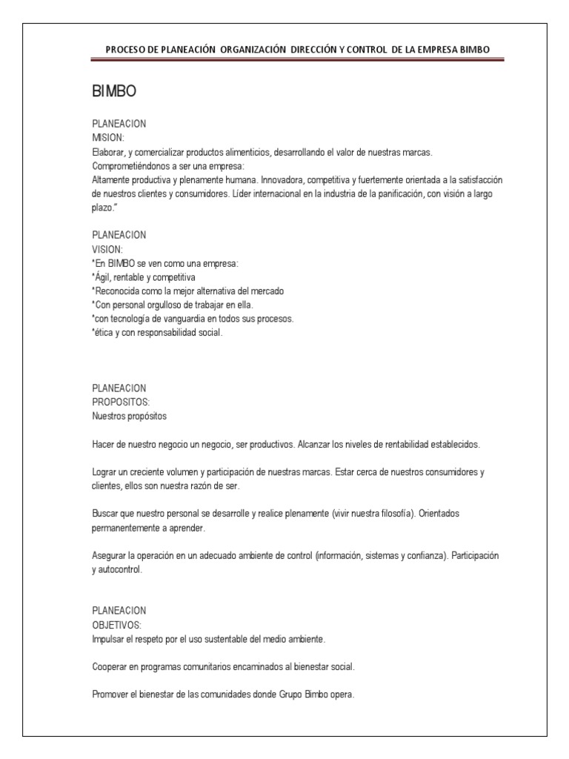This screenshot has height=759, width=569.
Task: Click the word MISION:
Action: click(x=108, y=138)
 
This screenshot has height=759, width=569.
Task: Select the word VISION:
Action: click(x=108, y=249)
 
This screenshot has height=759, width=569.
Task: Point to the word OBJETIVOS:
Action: click(x=116, y=625)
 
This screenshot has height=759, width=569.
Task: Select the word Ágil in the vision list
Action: click(x=104, y=277)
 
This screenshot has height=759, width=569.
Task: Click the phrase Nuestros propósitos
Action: click(x=130, y=416)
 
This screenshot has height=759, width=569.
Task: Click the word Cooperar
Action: click(x=110, y=667)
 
